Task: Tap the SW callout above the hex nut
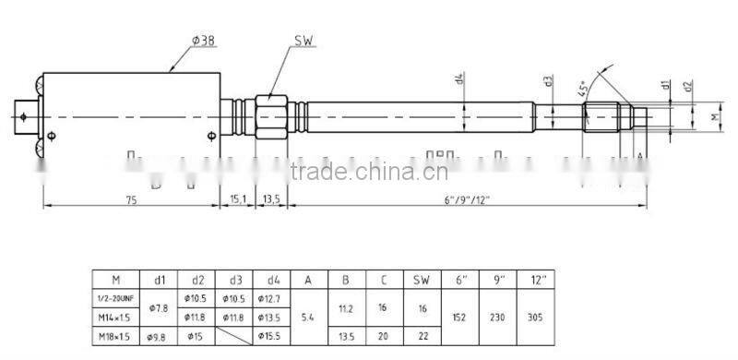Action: pyautogui.click(x=304, y=42)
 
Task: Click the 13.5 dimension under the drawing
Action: pyautogui.click(x=270, y=199)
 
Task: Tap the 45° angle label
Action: pyautogui.click(x=583, y=89)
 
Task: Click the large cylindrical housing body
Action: pyautogui.click(x=129, y=113)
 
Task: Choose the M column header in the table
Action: pyautogui.click(x=116, y=278)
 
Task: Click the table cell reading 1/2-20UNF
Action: pyautogui.click(x=116, y=297)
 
